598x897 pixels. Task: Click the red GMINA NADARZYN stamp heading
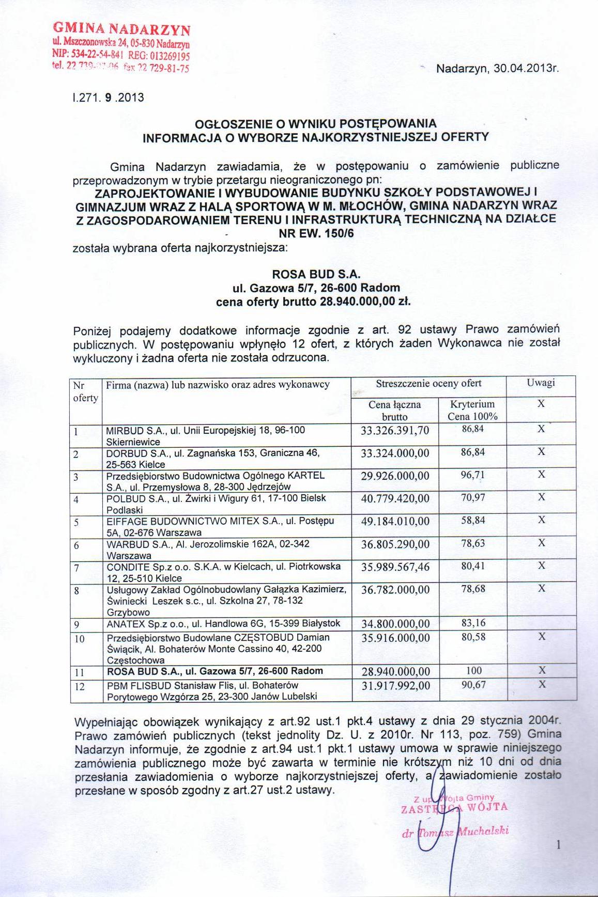point(122,29)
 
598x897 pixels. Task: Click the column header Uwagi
point(541,383)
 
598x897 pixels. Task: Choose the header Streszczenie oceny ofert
point(428,384)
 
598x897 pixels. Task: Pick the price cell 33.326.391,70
point(395,431)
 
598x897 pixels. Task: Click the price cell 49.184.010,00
point(395,522)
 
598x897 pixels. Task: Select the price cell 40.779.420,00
point(395,499)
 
